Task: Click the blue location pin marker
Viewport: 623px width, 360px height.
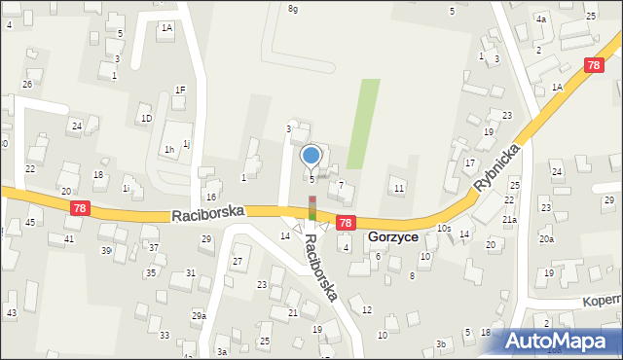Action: pos(311,156)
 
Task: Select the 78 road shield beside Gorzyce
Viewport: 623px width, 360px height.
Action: pos(346,224)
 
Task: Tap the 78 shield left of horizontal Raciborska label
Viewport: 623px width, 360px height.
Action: pos(80,208)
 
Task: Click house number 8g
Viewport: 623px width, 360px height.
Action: pos(293,9)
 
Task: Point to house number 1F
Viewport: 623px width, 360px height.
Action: pos(180,90)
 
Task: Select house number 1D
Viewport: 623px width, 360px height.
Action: pos(147,119)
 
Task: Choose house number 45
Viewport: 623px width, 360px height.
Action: pos(31,223)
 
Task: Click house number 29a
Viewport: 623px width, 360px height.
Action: pos(199,316)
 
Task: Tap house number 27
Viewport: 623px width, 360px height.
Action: pos(237,263)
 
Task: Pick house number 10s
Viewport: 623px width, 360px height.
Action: pos(444,229)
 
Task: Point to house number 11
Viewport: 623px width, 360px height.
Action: pos(398,187)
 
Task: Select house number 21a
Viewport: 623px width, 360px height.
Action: pos(509,220)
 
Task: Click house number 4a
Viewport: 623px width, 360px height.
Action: pos(541,19)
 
